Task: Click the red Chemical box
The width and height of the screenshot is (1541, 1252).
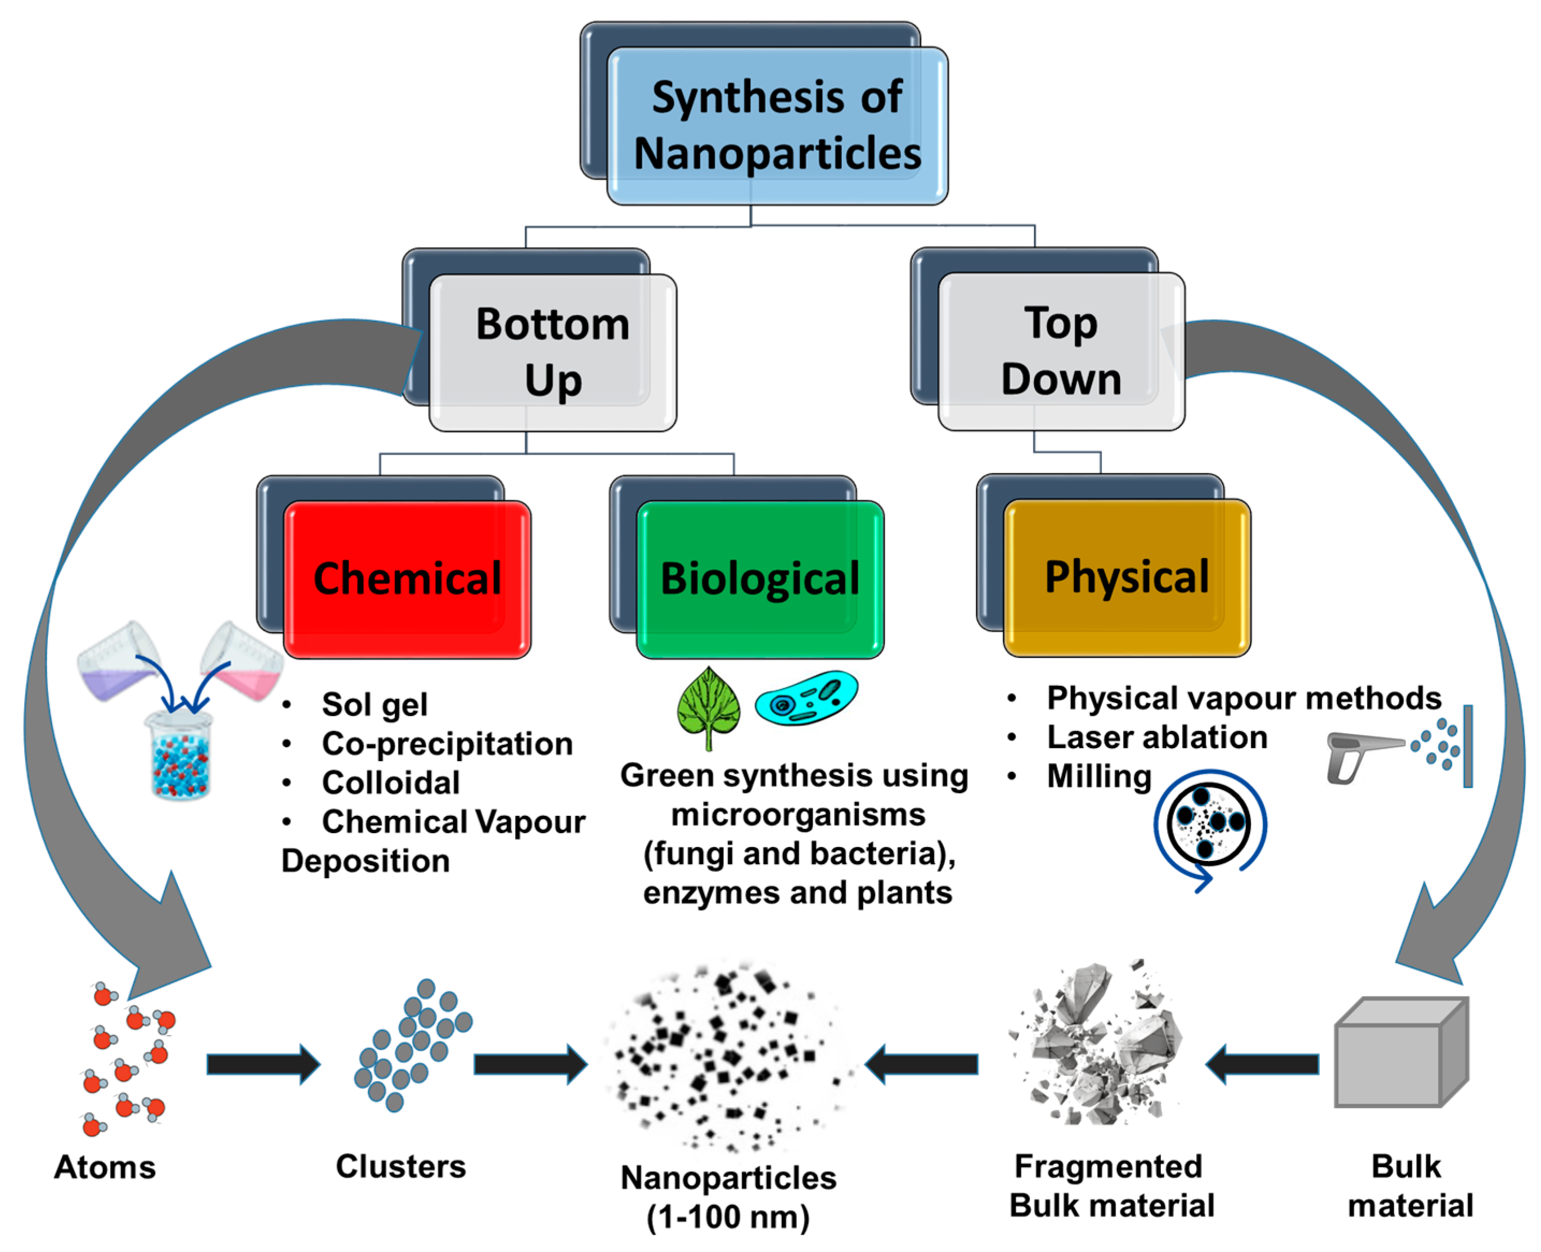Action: [x=407, y=578]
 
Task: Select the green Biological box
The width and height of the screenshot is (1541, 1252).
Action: [x=760, y=578]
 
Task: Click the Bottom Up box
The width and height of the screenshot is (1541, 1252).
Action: [x=552, y=352]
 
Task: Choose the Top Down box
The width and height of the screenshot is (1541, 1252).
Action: [x=1061, y=351]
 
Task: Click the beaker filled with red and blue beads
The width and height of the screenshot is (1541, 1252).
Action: [x=179, y=755]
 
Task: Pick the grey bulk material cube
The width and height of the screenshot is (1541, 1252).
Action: [x=1400, y=1053]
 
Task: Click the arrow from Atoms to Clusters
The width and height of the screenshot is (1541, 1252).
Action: [x=263, y=1064]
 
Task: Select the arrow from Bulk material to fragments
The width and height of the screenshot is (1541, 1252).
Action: [x=1262, y=1064]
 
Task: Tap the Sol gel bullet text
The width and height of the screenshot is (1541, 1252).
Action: [x=374, y=705]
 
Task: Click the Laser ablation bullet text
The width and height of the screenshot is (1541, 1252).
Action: [x=1156, y=737]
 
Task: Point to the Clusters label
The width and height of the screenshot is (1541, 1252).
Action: [x=401, y=1166]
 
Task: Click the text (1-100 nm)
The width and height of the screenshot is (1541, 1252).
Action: [x=728, y=1218]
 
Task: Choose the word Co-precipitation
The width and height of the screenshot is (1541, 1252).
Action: [x=447, y=743]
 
